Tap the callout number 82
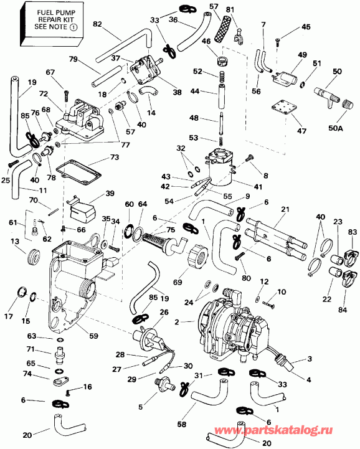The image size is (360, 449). [x=97, y=24]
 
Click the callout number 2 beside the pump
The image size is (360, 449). [x=178, y=322]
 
